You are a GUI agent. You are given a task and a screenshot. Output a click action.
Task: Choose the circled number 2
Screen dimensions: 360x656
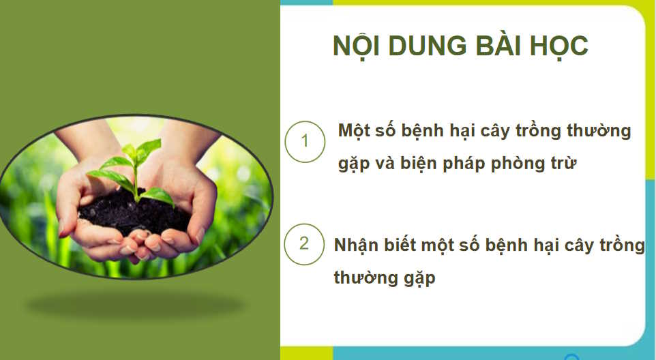coord(304,243)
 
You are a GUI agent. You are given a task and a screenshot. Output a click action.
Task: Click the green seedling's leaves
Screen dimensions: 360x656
coord(134,164)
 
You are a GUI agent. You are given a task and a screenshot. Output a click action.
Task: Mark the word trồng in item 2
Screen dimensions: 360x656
coord(621,245)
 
